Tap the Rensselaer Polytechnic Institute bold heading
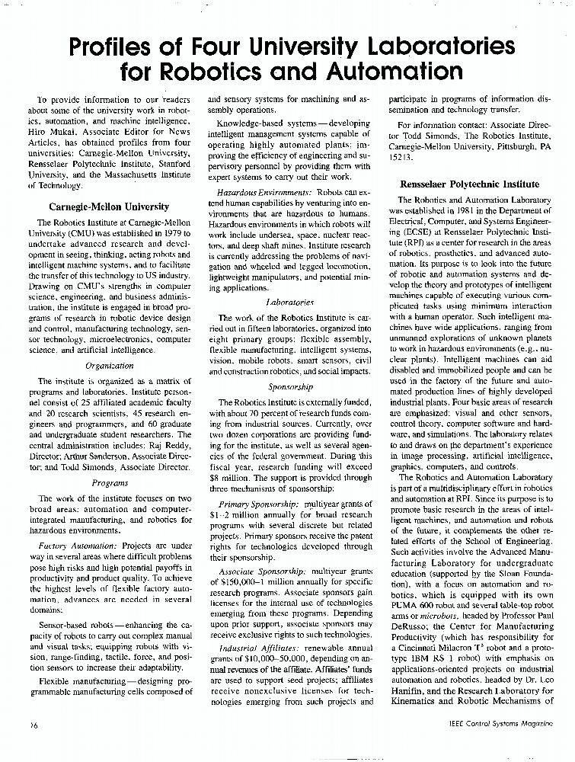(469, 184)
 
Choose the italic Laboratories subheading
(280, 303)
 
